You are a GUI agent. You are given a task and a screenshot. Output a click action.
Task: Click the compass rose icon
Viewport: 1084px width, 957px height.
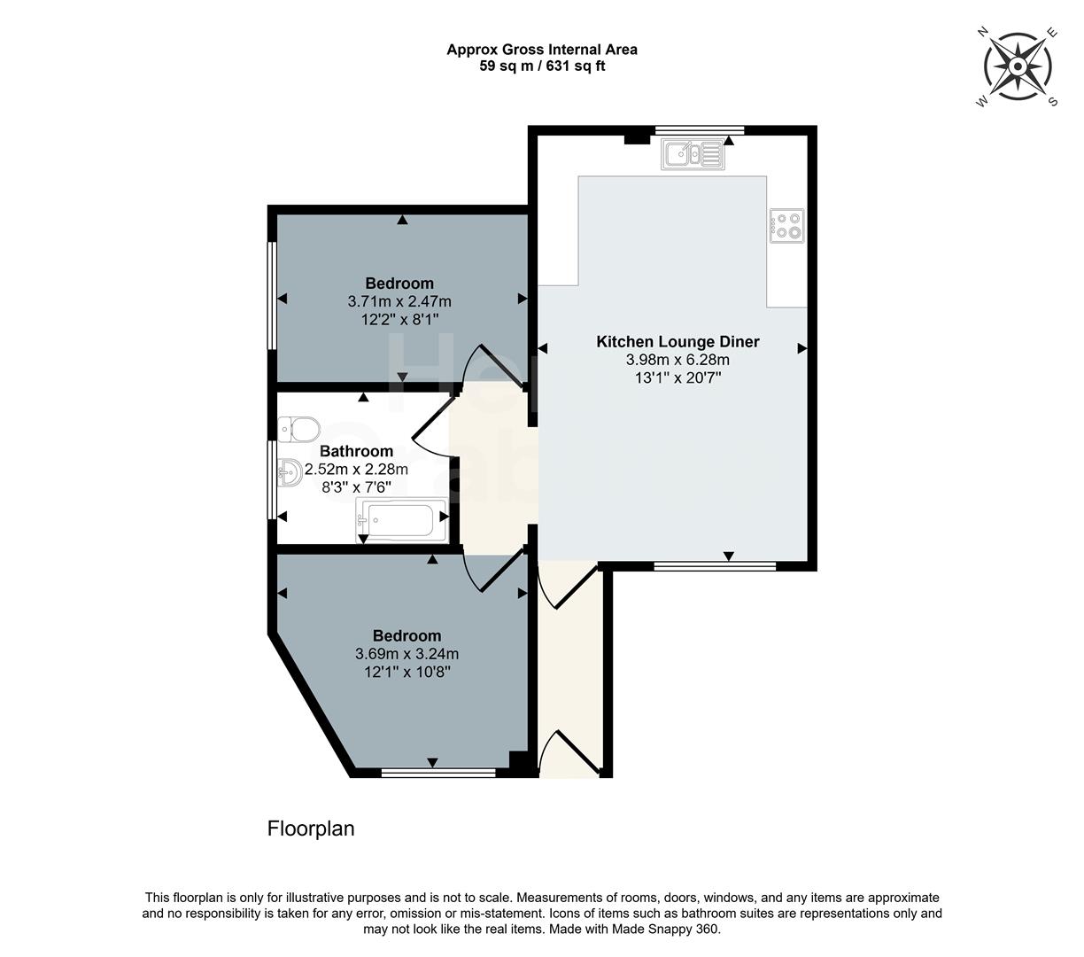(x=1018, y=67)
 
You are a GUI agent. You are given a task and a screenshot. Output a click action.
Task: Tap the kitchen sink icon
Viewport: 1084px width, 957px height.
(x=693, y=155)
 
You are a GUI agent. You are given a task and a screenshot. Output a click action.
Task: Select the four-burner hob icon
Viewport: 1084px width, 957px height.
(x=787, y=225)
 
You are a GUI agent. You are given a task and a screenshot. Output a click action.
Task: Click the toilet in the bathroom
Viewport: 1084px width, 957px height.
(x=298, y=430)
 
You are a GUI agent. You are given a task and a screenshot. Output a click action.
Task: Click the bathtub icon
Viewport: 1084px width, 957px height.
(x=401, y=520)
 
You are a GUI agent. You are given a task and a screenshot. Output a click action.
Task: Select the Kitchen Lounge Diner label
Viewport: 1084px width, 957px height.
(x=677, y=342)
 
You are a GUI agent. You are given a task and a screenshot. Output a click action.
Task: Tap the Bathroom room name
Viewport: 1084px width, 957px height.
(x=356, y=452)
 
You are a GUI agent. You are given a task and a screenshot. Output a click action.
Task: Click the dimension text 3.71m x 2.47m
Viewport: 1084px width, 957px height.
(x=399, y=301)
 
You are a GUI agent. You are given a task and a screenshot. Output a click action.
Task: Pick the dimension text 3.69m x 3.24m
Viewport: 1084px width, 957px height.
(x=406, y=654)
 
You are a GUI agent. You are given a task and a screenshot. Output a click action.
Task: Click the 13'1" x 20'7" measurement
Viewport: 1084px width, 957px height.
(x=677, y=377)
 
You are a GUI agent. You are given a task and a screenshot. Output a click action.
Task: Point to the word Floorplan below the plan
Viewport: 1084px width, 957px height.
(x=311, y=829)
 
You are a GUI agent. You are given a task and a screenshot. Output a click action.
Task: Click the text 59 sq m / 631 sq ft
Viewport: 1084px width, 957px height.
(x=542, y=66)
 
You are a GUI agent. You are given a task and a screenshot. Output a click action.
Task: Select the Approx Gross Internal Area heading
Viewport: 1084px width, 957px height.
(x=542, y=50)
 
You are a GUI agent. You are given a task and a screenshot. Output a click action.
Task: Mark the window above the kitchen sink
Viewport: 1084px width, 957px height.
(x=699, y=130)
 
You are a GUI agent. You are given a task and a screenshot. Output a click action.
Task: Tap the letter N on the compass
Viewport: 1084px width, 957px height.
(x=982, y=32)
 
